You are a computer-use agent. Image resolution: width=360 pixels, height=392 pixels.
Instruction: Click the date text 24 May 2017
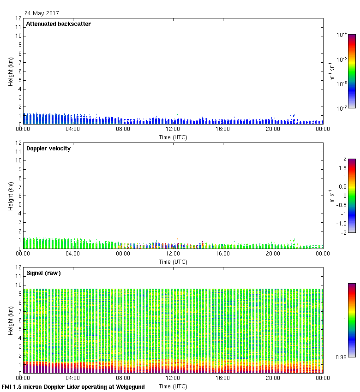(42, 13)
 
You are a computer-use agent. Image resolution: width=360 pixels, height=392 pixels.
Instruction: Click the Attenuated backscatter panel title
(58, 24)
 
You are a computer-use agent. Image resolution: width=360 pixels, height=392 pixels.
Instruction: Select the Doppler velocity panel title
(48, 148)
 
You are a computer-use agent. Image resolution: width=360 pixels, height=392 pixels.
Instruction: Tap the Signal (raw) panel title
(43, 273)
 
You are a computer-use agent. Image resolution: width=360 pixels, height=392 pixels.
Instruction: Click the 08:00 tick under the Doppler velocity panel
(123, 254)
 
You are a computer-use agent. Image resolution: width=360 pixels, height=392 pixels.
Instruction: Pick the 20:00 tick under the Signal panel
(273, 378)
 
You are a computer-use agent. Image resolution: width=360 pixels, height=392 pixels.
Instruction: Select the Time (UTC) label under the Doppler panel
(173, 261)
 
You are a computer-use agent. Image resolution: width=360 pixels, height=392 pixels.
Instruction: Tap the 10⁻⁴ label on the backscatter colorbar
(342, 35)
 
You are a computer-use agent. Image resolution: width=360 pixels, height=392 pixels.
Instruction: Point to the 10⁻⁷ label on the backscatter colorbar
(342, 108)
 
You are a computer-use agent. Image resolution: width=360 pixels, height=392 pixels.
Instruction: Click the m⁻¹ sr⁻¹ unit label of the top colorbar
(332, 71)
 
